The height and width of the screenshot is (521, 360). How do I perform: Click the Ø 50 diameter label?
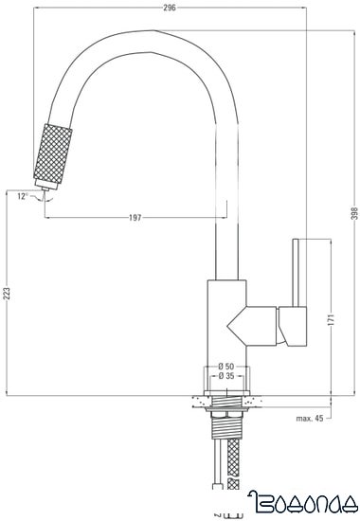[225, 367]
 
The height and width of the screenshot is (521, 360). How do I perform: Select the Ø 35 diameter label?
[225, 377]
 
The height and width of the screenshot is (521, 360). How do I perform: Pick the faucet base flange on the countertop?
[225, 390]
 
